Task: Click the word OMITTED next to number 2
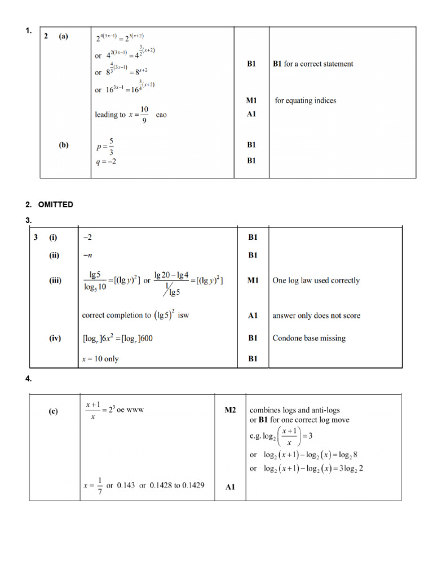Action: click(55, 204)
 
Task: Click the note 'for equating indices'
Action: click(305, 100)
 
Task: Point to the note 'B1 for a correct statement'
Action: click(313, 64)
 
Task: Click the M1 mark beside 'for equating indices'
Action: click(251, 100)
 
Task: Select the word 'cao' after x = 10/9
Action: click(161, 115)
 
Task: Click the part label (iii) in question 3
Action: click(55, 281)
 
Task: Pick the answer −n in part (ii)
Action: click(87, 255)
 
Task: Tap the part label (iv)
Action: click(55, 339)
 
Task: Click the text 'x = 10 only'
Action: click(100, 359)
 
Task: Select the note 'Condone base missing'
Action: click(309, 339)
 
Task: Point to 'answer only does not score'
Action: click(316, 316)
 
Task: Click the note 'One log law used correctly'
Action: click(316, 281)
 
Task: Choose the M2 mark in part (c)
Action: click(230, 410)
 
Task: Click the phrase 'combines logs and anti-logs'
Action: click(295, 410)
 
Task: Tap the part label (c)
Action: click(53, 411)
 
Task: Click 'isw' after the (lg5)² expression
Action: click(183, 316)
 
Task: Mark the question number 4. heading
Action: click(29, 380)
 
